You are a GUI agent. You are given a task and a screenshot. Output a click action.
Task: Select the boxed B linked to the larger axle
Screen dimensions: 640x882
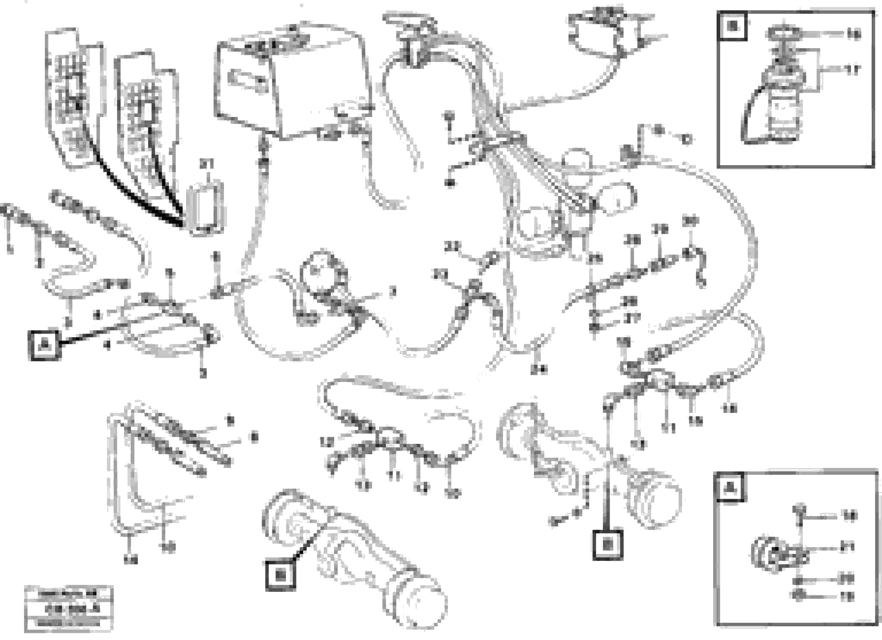[280, 575]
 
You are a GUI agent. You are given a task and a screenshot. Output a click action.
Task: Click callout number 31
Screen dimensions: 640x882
[207, 165]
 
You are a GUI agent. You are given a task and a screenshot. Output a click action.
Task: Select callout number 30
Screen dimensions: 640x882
[690, 221]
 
